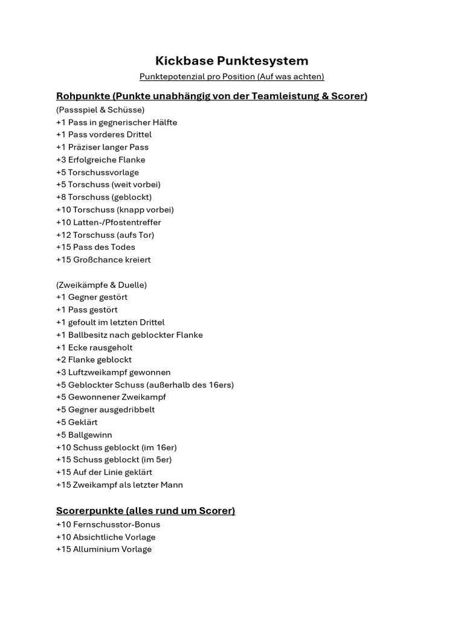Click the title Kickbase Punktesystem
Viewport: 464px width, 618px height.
pyautogui.click(x=231, y=61)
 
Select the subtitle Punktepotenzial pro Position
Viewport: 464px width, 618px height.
pyautogui.click(x=231, y=77)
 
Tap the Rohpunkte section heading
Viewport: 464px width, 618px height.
pyautogui.click(x=211, y=96)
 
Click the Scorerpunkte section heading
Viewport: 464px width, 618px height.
pyautogui.click(x=145, y=511)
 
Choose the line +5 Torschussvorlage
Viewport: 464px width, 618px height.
pyautogui.click(x=97, y=173)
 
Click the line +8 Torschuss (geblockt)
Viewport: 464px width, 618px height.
pyautogui.click(x=103, y=197)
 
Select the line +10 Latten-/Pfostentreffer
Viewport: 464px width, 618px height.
pyautogui.click(x=108, y=223)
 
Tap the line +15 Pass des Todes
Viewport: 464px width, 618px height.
pyautogui.click(x=95, y=247)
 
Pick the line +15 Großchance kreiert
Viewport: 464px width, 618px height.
pyautogui.click(x=103, y=260)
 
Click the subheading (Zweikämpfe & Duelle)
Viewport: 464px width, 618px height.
pyautogui.click(x=101, y=285)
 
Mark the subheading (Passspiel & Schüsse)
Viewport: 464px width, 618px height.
pyautogui.click(x=100, y=110)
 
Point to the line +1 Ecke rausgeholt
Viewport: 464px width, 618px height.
pyautogui.click(x=94, y=348)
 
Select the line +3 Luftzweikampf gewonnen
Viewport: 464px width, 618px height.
pyautogui.click(x=113, y=372)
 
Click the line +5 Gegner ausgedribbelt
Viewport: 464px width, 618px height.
pyautogui.click(x=105, y=410)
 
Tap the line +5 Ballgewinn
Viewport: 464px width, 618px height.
pyautogui.click(x=84, y=435)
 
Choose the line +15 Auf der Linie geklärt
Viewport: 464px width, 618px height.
pyautogui.click(x=104, y=473)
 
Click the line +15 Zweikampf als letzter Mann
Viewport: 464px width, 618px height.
pyautogui.click(x=119, y=485)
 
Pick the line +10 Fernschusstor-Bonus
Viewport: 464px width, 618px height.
pyautogui.click(x=108, y=524)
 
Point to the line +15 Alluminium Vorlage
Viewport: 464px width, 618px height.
pyautogui.click(x=103, y=550)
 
